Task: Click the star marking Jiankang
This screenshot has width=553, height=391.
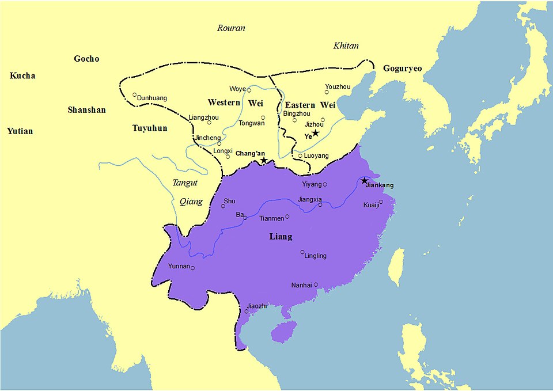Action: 364,181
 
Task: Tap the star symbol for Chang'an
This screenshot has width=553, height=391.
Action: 264,160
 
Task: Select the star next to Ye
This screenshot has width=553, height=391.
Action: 315,133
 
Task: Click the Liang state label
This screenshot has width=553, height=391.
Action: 281,237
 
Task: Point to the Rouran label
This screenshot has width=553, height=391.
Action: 231,28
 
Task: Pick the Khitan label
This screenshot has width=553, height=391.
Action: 346,46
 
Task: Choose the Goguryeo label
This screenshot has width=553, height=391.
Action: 402,69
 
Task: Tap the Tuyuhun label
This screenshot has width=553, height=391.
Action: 149,128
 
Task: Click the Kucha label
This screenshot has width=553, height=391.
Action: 22,76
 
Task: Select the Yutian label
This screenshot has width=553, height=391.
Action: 20,131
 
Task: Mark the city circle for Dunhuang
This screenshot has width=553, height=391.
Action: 134,95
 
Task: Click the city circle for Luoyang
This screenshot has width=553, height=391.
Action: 300,155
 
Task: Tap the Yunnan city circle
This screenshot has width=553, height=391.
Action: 193,268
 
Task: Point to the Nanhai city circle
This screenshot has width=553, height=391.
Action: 316,284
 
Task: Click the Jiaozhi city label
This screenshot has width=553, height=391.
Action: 257,306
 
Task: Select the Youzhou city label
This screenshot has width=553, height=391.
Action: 338,86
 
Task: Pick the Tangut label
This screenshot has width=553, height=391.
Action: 185,183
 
